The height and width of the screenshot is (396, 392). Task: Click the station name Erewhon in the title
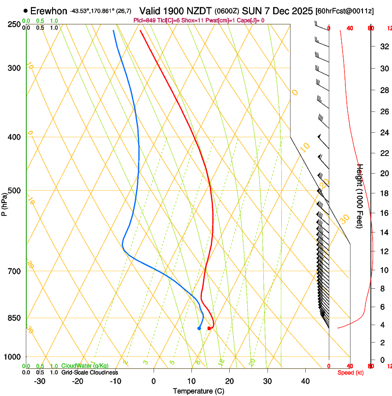coord(49,11)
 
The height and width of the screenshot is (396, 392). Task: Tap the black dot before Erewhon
coord(25,11)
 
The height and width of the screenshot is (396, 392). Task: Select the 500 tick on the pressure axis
coord(15,191)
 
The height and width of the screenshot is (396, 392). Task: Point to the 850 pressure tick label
coord(15,318)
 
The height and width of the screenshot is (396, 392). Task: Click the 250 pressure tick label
coord(15,24)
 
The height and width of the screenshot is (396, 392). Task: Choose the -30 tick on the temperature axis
coord(40,381)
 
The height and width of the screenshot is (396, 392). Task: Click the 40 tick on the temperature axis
coord(305,381)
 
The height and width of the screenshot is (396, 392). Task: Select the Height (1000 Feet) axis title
coord(360,196)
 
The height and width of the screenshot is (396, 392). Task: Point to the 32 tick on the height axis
coord(383,47)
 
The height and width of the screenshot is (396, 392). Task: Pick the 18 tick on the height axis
coord(383,193)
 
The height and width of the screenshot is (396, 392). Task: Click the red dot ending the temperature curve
coord(209,328)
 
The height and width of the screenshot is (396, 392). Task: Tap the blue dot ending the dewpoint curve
coord(199,328)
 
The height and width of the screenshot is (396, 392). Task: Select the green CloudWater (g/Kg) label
coord(85,366)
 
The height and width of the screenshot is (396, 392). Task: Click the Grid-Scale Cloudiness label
coord(89,372)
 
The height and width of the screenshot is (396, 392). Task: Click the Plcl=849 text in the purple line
coord(145,20)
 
